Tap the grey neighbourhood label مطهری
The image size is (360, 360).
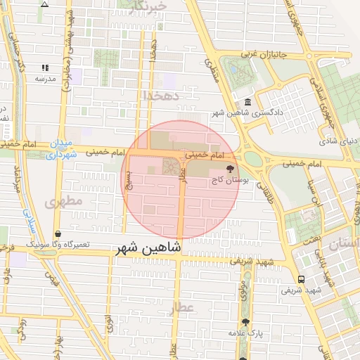[x=64, y=202]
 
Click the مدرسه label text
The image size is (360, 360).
[x=46, y=79]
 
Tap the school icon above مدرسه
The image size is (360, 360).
[x=46, y=68]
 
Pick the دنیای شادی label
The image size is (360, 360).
[x=340, y=141]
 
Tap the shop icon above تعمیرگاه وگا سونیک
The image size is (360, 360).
[x=57, y=233]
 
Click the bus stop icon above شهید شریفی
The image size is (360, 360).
[x=301, y=278]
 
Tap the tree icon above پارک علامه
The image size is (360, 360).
[x=245, y=321]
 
